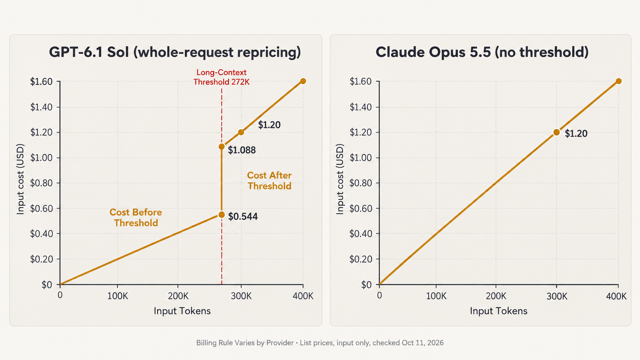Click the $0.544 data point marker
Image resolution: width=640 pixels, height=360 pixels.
tap(222, 214)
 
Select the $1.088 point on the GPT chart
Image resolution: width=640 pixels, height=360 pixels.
tap(222, 146)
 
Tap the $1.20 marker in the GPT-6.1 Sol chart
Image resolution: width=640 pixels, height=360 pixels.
tap(241, 132)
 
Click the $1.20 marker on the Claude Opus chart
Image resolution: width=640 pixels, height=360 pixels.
tap(556, 132)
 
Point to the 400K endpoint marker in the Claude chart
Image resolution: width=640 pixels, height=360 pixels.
tap(618, 81)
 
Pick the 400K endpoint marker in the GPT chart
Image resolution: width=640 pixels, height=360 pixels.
tap(303, 81)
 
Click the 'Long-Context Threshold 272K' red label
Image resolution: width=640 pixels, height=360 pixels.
tap(222, 77)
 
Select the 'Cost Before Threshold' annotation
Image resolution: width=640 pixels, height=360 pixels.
tap(136, 218)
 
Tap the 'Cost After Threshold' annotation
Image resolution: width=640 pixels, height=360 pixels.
tap(269, 180)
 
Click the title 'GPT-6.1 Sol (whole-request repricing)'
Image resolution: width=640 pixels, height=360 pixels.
tap(175, 52)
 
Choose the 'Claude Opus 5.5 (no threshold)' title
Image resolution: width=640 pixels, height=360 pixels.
tap(482, 52)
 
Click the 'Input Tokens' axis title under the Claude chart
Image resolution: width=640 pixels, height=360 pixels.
tap(498, 311)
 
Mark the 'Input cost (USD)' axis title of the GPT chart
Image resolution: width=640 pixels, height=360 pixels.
tap(20, 179)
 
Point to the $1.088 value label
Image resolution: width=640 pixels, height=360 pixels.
tap(242, 150)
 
